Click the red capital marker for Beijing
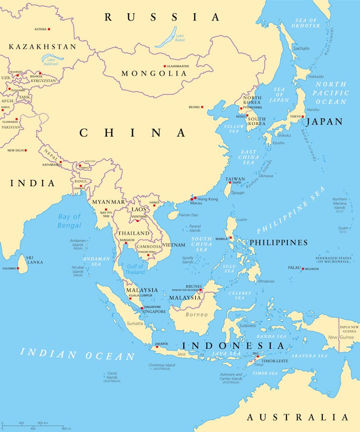pyautogui.click(x=202, y=107)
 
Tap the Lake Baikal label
pyautogui.click(x=180, y=38)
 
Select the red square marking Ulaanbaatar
pyautogui.click(x=165, y=66)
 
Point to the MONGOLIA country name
pyautogui.click(x=154, y=74)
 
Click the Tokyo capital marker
pyautogui.click(x=302, y=116)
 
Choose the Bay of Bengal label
pyautogui.click(x=70, y=221)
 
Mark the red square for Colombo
pyautogui.click(x=18, y=268)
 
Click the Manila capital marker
pyautogui.click(x=230, y=238)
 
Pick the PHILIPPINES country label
pyautogui.click(x=278, y=242)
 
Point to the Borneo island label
pyautogui.click(x=197, y=315)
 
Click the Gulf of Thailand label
pyautogui.click(x=135, y=269)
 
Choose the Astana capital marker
pyautogui.click(x=49, y=29)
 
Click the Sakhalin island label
pyautogui.click(x=301, y=48)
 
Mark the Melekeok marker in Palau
pyautogui.click(x=303, y=268)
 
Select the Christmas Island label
pyautogui.click(x=162, y=367)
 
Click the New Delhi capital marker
pyautogui.click(x=26, y=150)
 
